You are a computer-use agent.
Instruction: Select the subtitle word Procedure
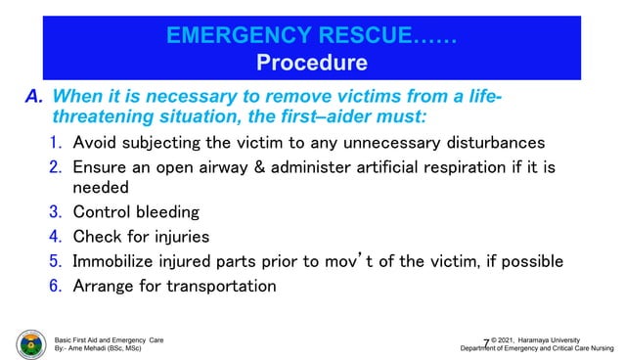point(312,65)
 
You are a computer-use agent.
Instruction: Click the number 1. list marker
point(58,144)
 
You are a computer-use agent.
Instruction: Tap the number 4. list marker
point(58,236)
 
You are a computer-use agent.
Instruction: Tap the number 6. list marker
point(58,286)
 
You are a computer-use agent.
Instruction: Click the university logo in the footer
point(30,344)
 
